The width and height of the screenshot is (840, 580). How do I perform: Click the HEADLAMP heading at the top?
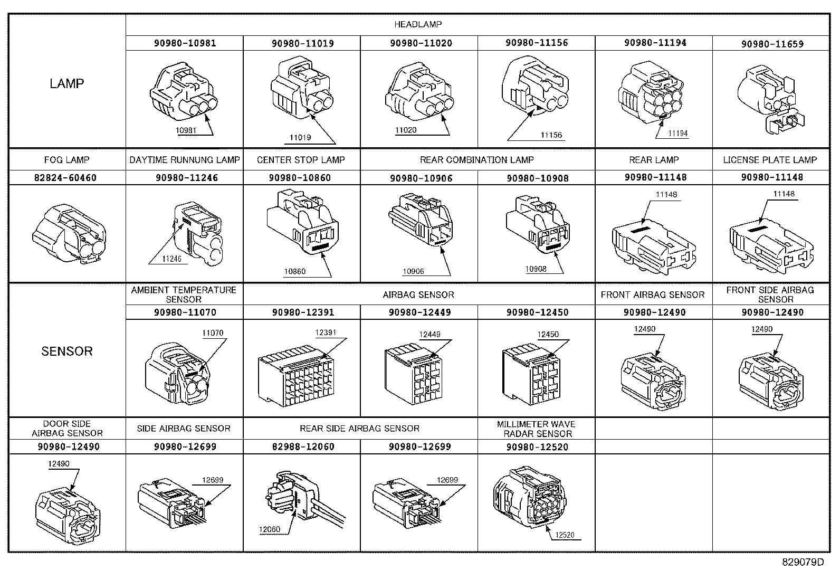[x=418, y=24]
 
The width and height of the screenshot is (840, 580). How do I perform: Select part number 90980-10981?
[x=185, y=43]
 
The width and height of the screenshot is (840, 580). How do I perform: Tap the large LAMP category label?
[x=67, y=83]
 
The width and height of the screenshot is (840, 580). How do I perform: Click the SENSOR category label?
[x=67, y=351]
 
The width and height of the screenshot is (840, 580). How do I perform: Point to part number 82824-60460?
[x=65, y=178]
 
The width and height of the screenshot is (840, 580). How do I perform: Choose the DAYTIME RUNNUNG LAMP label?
[x=185, y=160]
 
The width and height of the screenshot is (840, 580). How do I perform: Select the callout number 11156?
[x=551, y=135]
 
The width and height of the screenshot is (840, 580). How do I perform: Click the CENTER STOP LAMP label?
[x=301, y=160]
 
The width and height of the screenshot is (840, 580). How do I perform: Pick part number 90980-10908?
[x=537, y=178]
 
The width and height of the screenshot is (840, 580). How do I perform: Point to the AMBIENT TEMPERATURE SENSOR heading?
[x=184, y=294]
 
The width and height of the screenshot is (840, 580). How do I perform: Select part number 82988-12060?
[x=302, y=446]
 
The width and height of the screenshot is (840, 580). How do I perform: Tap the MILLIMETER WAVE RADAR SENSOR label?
[x=536, y=429]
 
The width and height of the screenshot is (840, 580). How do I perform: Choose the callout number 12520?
[x=564, y=535]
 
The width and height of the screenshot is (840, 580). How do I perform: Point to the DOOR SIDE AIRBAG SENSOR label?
[x=67, y=429]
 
